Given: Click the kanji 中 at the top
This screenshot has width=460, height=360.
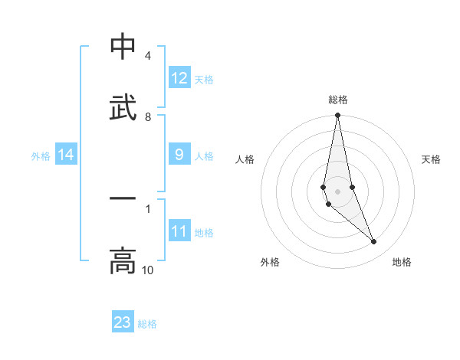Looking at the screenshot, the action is click(123, 47).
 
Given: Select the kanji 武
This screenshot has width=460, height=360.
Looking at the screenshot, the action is click(123, 108).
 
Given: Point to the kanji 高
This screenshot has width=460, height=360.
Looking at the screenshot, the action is click(123, 260).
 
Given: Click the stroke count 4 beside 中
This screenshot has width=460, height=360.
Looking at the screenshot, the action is click(147, 56).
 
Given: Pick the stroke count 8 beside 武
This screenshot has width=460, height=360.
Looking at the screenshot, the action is click(147, 116).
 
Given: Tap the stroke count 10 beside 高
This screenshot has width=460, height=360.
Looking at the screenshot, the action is click(147, 270).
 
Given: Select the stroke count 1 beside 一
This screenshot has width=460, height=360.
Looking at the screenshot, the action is click(147, 208).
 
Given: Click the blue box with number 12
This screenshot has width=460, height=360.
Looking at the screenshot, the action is click(179, 78).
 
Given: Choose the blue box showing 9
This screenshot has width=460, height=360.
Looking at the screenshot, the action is click(179, 155).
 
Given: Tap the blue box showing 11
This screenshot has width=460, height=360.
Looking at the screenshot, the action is click(179, 231).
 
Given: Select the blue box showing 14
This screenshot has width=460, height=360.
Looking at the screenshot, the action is click(66, 155).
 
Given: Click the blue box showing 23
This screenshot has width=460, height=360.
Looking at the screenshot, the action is click(123, 322).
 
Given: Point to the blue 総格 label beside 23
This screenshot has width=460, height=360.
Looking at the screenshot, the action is click(147, 324).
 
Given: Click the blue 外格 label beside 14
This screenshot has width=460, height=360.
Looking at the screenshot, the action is click(41, 156).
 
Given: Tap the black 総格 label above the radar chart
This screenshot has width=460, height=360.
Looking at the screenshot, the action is click(338, 100).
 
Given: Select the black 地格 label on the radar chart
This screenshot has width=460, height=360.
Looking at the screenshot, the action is click(402, 263).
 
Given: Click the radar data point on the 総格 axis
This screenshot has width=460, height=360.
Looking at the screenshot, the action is click(337, 116).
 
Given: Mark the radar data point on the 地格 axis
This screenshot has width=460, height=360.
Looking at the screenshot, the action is click(374, 242).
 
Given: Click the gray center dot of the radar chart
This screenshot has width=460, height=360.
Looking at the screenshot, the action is click(337, 191).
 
